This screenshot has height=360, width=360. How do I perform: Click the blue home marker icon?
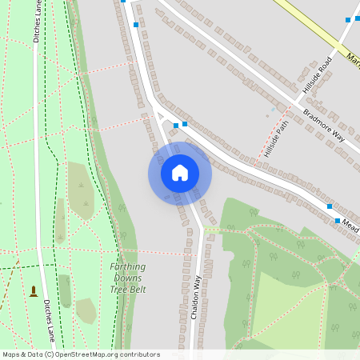[x=179, y=173]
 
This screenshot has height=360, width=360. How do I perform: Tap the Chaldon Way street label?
[x=195, y=298]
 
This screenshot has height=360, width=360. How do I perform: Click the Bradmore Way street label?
[x=325, y=124]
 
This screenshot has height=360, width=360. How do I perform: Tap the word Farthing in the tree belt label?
[x=128, y=267]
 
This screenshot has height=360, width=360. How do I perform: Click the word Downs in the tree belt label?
[x=128, y=278]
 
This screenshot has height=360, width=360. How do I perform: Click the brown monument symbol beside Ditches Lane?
[x=34, y=290]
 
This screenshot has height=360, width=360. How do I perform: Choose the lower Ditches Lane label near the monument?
[x=50, y=318]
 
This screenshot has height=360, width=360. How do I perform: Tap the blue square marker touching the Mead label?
[x=338, y=221]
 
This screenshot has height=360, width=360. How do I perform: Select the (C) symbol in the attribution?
[x=50, y=354]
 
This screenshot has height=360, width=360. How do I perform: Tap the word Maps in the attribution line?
[x=11, y=354]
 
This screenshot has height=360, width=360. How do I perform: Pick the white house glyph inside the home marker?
[x=179, y=173]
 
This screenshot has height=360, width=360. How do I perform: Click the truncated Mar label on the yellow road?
[x=353, y=57]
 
